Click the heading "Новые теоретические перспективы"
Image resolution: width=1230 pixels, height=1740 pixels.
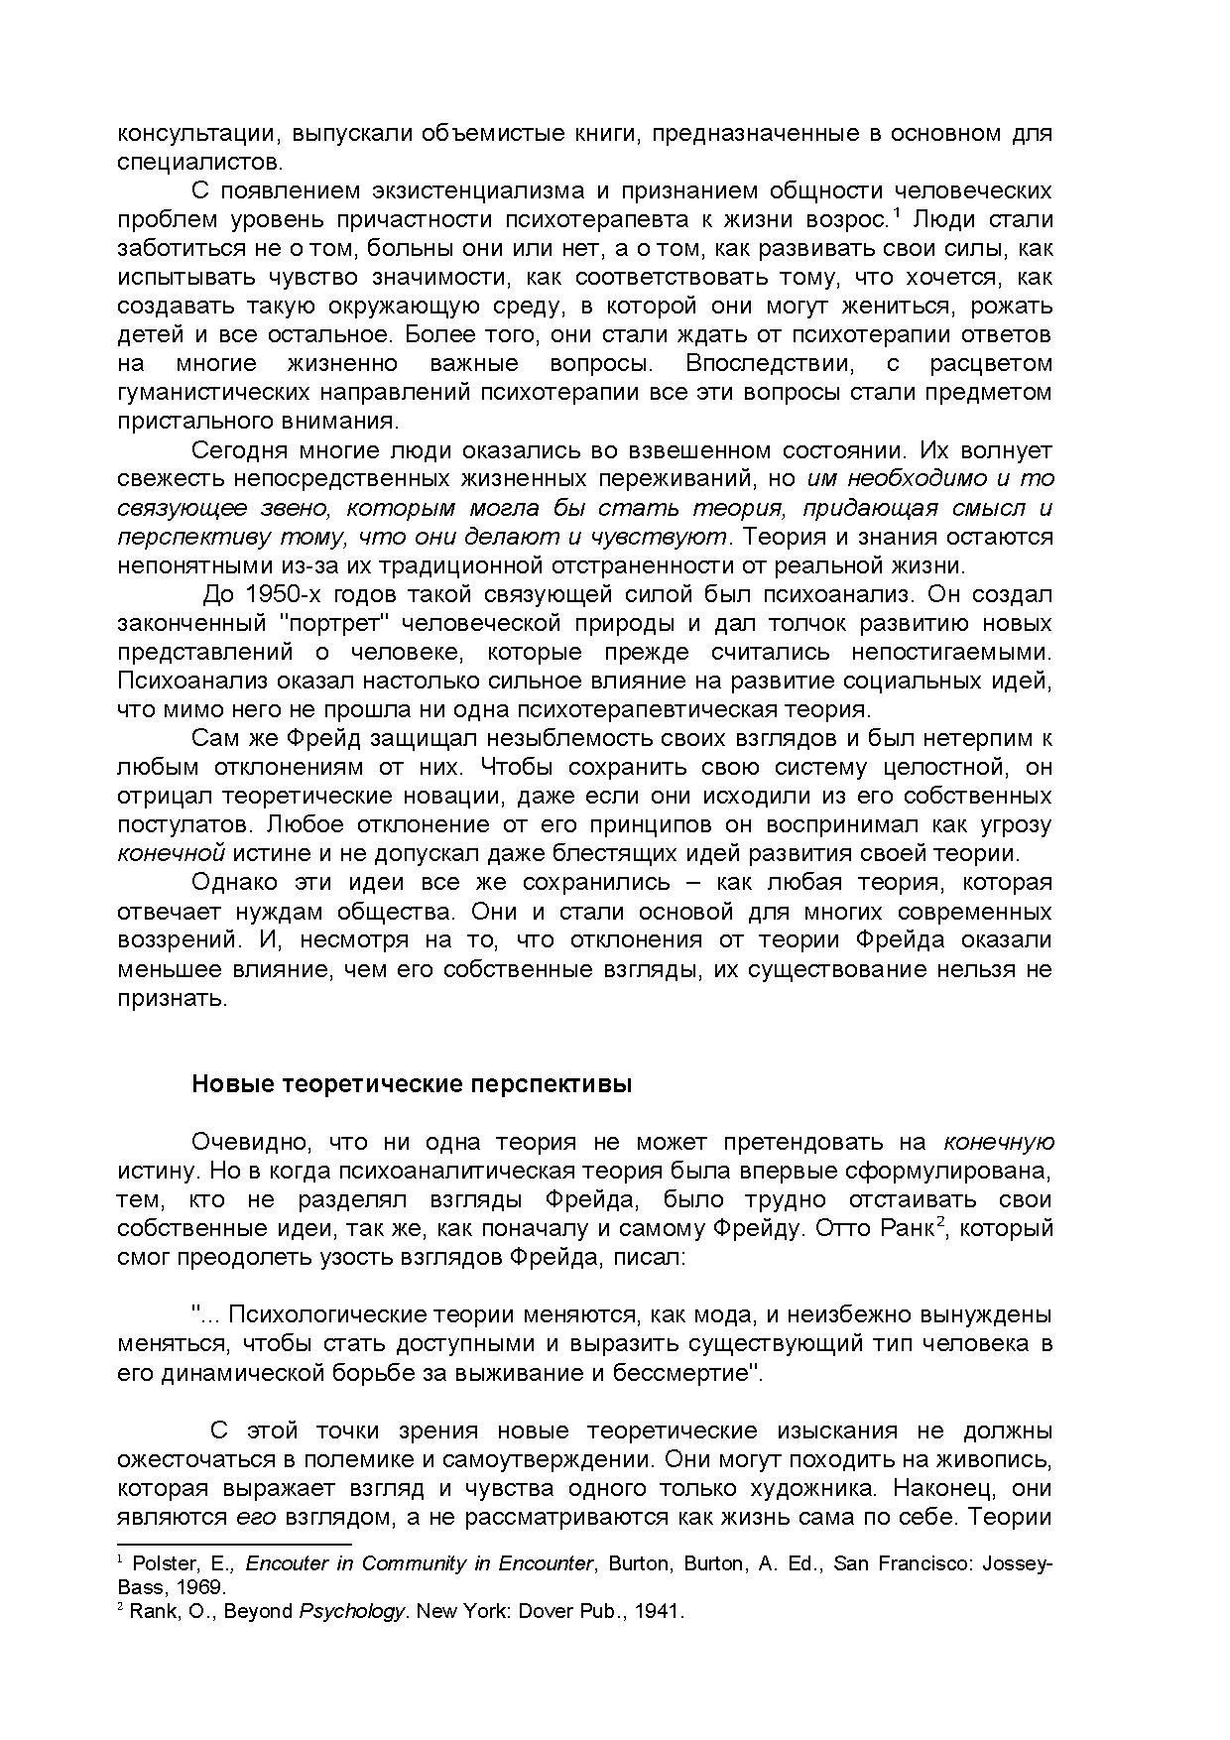click(411, 1084)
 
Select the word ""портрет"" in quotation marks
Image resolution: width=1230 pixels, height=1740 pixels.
click(334, 623)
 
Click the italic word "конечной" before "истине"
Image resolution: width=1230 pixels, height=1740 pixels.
click(171, 853)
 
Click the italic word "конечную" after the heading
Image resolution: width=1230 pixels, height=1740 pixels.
click(997, 1142)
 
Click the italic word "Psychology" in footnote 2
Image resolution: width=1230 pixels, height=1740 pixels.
click(351, 1611)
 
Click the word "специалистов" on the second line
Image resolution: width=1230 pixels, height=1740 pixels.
click(198, 161)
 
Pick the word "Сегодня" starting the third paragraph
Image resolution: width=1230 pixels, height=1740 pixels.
click(239, 450)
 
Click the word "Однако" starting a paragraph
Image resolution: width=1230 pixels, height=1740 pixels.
click(230, 882)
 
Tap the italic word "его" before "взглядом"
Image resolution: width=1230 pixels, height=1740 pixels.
click(248, 1517)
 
